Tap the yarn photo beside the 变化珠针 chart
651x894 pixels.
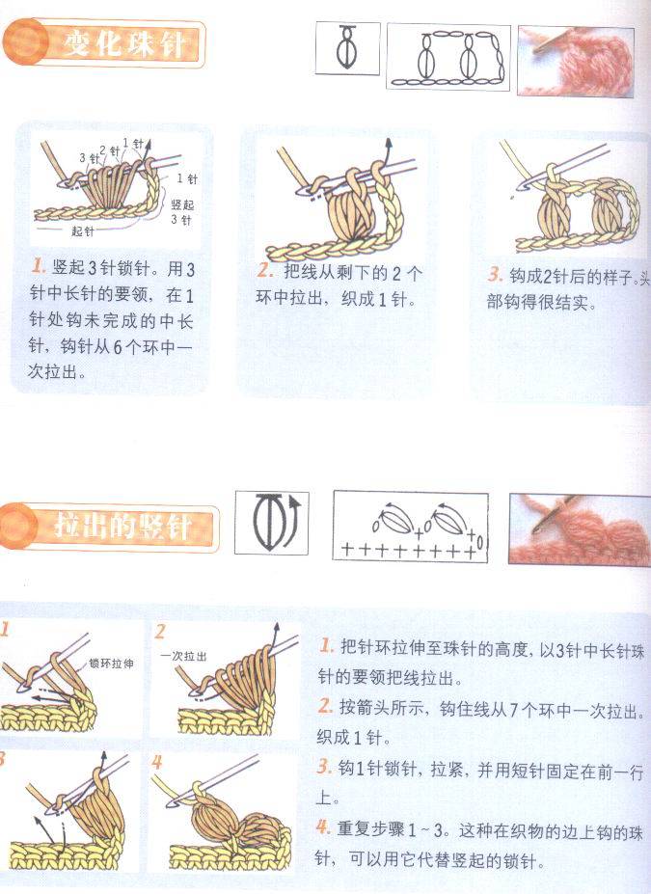pos(575,61)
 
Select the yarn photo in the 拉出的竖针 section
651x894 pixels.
pos(580,529)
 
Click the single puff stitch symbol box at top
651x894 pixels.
pos(348,48)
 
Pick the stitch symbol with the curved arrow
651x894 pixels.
pos(272,524)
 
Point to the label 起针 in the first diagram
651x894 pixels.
pos(83,231)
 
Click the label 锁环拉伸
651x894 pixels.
pos(111,664)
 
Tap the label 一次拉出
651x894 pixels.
pos(183,656)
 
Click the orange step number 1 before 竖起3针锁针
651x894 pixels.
pos(39,266)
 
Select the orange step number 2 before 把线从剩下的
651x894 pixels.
pos(264,271)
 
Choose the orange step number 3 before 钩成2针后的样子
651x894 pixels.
pos(494,275)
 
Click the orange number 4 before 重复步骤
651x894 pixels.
pos(324,826)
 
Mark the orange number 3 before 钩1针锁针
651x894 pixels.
pos(324,767)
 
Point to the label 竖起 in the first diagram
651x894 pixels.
pos(182,204)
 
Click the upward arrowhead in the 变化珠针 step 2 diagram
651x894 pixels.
pos(389,145)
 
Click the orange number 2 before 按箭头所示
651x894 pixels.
pos(325,706)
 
